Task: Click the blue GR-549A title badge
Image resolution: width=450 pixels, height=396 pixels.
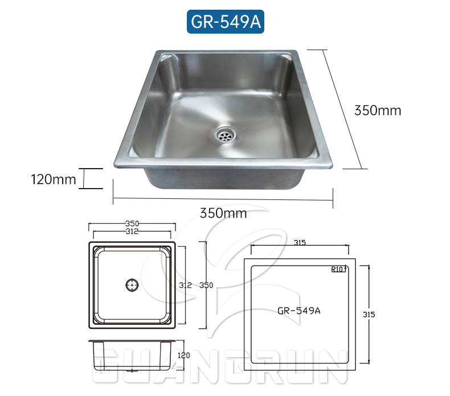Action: (x=225, y=21)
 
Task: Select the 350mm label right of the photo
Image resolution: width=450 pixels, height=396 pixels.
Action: (x=377, y=111)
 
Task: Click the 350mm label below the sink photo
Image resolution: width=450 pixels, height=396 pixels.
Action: (x=223, y=213)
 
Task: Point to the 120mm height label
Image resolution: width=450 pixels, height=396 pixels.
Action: (x=53, y=179)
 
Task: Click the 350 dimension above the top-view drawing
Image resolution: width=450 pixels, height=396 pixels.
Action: (x=132, y=223)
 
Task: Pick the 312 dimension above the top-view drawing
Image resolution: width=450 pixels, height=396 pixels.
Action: (x=132, y=231)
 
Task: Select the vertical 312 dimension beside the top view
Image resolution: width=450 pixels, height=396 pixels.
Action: (x=185, y=284)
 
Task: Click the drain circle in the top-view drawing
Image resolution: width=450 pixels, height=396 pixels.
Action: (x=132, y=284)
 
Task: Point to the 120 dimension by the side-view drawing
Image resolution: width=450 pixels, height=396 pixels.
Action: (x=184, y=355)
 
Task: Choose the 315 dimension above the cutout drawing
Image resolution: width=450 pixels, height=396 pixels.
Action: (x=300, y=243)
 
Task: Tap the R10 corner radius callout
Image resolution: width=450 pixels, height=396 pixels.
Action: (x=338, y=269)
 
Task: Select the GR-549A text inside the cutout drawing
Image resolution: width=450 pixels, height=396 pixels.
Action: (x=299, y=311)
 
